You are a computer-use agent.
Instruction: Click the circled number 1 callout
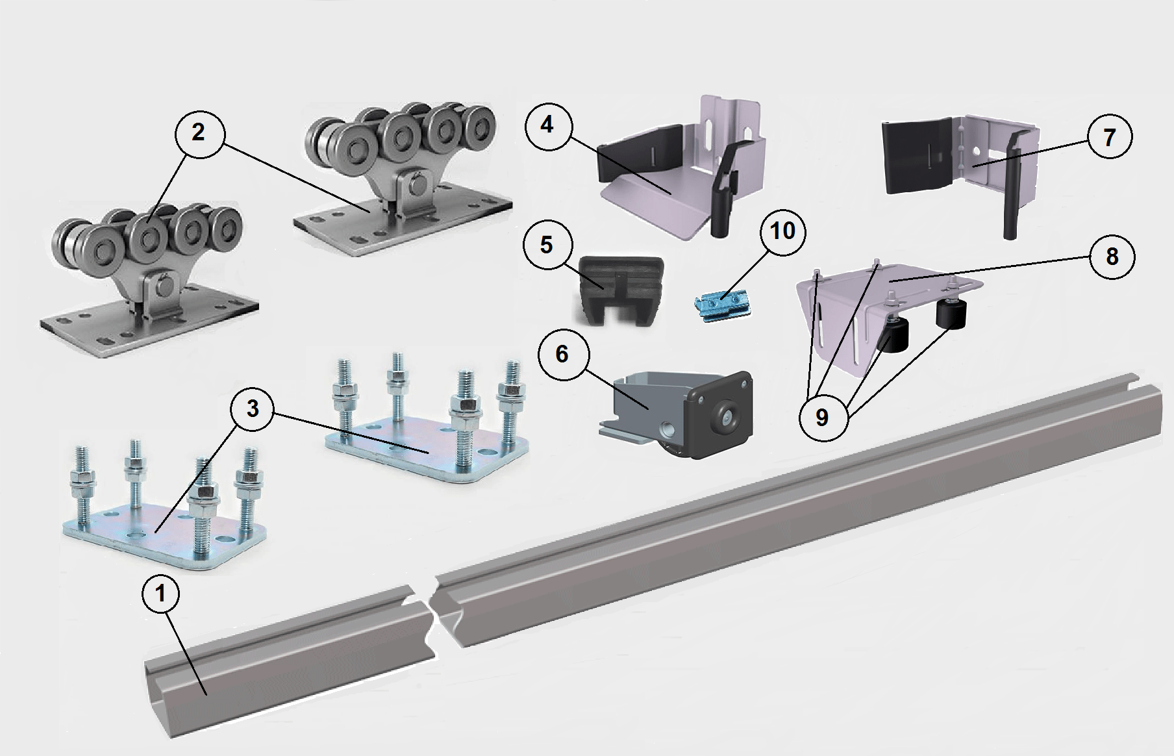pos(162,594)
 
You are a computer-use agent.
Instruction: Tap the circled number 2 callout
pos(199,133)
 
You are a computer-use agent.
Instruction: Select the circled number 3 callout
pos(253,409)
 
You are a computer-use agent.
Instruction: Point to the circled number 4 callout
pos(547,125)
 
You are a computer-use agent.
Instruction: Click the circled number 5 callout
pos(547,246)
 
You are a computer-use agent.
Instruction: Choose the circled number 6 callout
pos(562,355)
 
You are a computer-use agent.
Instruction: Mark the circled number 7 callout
pos(1109,138)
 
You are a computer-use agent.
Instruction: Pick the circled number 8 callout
pos(1112,257)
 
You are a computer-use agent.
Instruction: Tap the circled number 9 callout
pos(822,417)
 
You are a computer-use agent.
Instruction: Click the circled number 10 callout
pos(782,231)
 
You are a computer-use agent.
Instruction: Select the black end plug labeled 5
pos(620,289)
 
